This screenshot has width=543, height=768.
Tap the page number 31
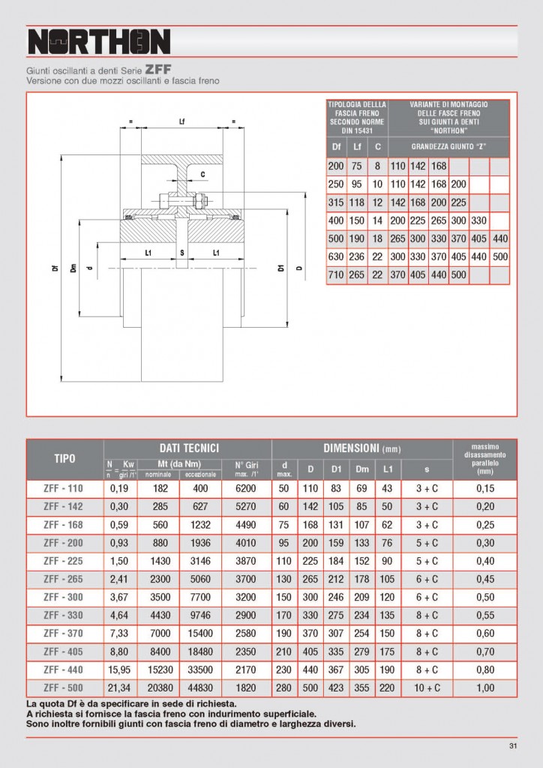(x=513, y=745)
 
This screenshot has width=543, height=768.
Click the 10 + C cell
(x=427, y=686)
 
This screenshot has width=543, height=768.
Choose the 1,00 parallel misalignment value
(x=485, y=686)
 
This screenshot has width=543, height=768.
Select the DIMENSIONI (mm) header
(x=361, y=448)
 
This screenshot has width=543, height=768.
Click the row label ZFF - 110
(x=64, y=487)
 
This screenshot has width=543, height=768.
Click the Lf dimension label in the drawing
(x=182, y=121)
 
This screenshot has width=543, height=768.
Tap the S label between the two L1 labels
(x=182, y=253)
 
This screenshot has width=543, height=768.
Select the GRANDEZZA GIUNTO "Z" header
(x=449, y=146)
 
